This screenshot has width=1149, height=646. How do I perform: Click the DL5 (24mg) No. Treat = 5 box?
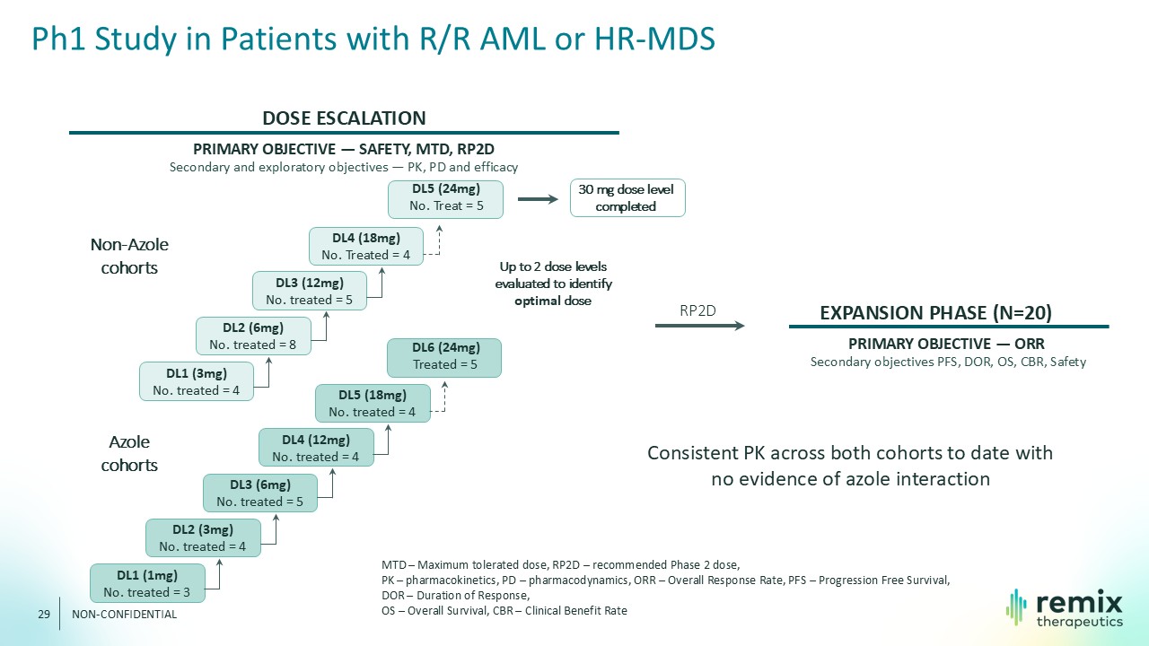pyautogui.click(x=445, y=199)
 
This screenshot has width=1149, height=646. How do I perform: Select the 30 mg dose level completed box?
pyautogui.click(x=627, y=198)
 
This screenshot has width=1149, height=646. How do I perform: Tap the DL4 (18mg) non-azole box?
pyautogui.click(x=366, y=247)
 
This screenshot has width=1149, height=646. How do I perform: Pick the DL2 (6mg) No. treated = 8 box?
pyautogui.click(x=253, y=336)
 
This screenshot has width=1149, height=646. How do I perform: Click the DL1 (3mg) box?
pyautogui.click(x=197, y=381)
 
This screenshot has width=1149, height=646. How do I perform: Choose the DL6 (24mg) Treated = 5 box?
pyautogui.click(x=444, y=358)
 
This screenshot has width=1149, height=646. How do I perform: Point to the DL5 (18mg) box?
pyautogui.click(x=373, y=404)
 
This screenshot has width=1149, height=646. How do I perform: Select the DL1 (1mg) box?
pyautogui.click(x=147, y=583)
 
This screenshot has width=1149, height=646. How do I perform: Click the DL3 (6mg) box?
pyautogui.click(x=260, y=493)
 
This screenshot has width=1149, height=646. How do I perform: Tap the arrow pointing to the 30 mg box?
pyautogui.click(x=538, y=199)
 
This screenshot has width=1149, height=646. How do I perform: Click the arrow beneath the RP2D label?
pyautogui.click(x=699, y=326)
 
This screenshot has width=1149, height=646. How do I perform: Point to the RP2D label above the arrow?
pyautogui.click(x=697, y=310)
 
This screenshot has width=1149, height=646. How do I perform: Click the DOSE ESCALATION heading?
pyautogui.click(x=344, y=118)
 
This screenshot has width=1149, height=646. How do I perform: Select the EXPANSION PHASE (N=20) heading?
pyautogui.click(x=935, y=313)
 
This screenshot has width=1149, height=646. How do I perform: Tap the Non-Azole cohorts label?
pyautogui.click(x=129, y=256)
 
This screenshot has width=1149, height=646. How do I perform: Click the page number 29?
pyautogui.click(x=44, y=615)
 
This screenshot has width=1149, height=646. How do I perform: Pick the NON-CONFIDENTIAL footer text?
pyautogui.click(x=124, y=615)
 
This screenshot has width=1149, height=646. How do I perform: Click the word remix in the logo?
pyautogui.click(x=1080, y=603)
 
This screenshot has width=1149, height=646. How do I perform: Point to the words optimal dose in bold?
pyautogui.click(x=553, y=301)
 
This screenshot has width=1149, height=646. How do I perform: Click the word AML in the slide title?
pyautogui.click(x=513, y=39)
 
